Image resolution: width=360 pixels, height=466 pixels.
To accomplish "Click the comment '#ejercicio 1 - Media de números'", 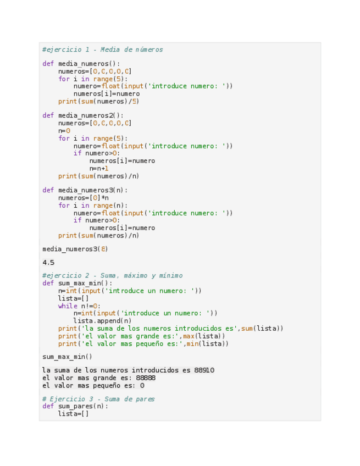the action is tap(102, 49).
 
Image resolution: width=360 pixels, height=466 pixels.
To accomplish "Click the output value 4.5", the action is tap(48, 263).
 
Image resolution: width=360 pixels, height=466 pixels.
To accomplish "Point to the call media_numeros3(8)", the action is tap(75, 249).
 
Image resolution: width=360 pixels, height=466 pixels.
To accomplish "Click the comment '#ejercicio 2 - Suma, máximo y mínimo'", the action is tap(112, 275).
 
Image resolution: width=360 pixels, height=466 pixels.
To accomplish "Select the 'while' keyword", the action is tap(68, 306).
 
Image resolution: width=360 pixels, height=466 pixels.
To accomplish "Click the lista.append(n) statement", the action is tap(102, 321).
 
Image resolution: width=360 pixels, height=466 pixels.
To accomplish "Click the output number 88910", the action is tap(204, 370).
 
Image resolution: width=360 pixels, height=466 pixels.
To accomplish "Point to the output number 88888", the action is tap(146, 378).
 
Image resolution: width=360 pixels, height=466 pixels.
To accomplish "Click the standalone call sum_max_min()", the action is tap(67, 357).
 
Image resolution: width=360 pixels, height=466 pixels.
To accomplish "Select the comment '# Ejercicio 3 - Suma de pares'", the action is tap(98, 399).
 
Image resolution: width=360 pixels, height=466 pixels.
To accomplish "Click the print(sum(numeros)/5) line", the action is tap(98, 101).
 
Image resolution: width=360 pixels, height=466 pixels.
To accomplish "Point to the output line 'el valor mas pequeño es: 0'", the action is tap(93, 386).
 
